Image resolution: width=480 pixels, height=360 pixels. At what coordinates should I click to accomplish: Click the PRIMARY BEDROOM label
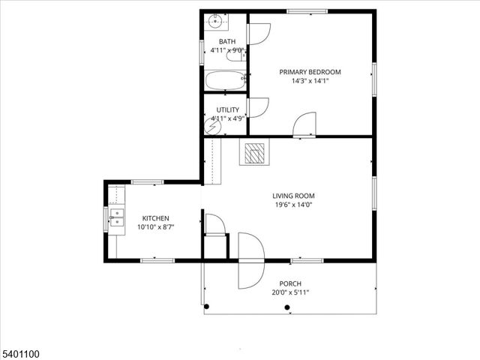click(x=310, y=72)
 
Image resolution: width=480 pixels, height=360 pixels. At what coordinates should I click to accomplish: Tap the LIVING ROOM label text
click(x=293, y=196)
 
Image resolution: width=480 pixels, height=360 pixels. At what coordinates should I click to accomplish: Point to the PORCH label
click(x=290, y=283)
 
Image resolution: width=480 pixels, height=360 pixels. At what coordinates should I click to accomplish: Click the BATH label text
click(x=226, y=41)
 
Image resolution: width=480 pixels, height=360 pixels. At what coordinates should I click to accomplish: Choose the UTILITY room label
click(x=227, y=109)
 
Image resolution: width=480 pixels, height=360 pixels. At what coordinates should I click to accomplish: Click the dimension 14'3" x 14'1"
click(x=310, y=81)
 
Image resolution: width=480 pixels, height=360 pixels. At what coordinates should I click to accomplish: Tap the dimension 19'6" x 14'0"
click(x=293, y=205)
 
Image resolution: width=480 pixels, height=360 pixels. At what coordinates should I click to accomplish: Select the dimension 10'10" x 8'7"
click(x=155, y=227)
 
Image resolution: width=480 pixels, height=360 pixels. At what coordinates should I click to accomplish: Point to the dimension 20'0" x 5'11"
click(x=290, y=292)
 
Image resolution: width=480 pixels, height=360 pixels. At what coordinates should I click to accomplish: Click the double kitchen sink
click(x=117, y=217)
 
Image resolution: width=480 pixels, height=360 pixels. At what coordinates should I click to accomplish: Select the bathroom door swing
click(x=258, y=34)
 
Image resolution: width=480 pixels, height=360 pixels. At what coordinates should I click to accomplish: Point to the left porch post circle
click(x=207, y=306)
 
